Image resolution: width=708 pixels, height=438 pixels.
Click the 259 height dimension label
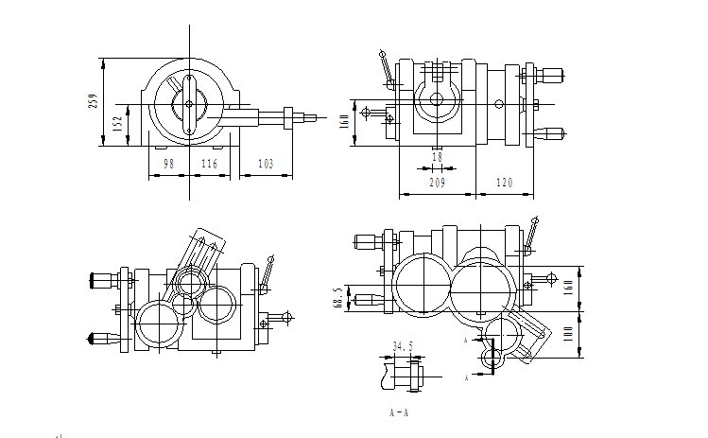click(93, 101)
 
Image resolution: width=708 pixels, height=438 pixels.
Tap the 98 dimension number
click(168, 165)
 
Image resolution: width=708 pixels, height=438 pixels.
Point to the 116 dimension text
click(209, 165)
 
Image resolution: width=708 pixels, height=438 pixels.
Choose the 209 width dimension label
click(438, 183)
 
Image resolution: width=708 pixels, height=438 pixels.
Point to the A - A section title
click(398, 412)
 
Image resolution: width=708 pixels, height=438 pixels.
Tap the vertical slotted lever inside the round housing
click(189, 105)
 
